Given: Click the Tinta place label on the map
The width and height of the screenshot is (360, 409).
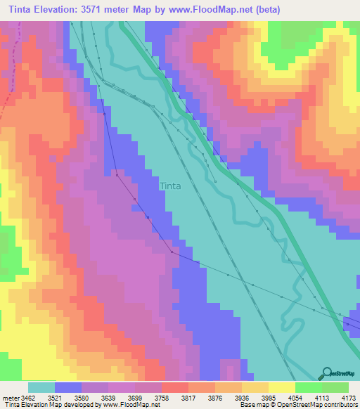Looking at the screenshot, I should click(170, 186).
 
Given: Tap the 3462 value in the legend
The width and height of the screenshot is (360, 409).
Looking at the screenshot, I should click(28, 397).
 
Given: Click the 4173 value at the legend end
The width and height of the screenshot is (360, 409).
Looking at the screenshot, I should click(349, 397).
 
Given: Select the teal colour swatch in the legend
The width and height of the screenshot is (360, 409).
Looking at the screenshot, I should click(41, 387).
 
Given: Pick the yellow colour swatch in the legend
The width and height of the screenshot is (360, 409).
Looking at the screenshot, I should click(281, 387).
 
